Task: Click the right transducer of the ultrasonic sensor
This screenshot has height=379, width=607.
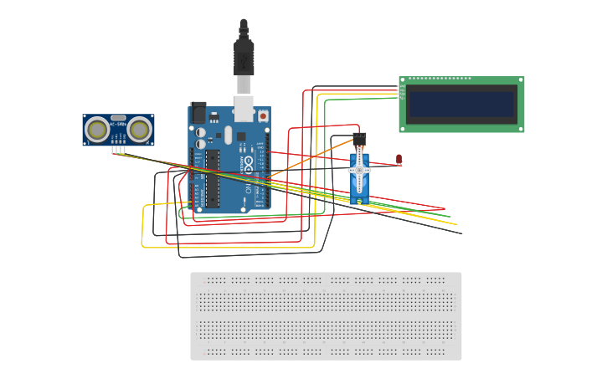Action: (139, 129)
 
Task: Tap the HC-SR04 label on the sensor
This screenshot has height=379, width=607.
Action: (118, 118)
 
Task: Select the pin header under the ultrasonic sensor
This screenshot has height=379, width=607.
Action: (119, 150)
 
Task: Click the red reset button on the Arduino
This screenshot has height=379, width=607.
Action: (263, 116)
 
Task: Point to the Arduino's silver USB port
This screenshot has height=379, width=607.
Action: (244, 106)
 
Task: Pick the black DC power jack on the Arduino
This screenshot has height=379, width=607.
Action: (198, 112)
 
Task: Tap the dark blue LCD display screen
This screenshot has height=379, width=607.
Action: (460, 105)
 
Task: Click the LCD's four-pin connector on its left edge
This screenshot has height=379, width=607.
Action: (402, 92)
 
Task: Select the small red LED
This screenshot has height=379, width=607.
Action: (399, 158)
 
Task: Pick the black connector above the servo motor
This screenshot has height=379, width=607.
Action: (359, 138)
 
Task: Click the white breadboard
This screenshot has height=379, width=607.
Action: (326, 316)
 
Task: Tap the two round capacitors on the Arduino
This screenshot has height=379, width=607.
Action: (201, 136)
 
